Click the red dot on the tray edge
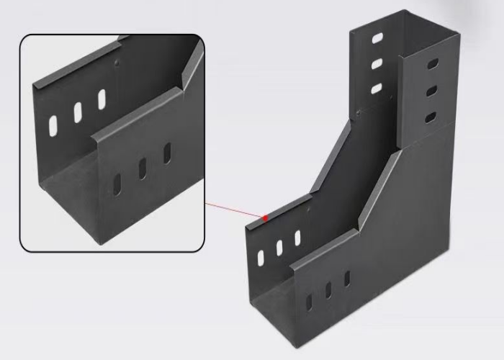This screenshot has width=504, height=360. coord(266,217)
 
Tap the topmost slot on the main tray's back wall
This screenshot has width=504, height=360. coord(377,37)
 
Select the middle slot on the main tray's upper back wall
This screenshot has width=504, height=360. coord(377,63)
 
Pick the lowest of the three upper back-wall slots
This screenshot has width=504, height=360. coord(376,89)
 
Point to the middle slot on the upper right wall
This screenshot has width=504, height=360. coord(431,91)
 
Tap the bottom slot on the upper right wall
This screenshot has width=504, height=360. coord(431,117)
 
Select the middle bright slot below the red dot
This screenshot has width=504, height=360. coord(279,247)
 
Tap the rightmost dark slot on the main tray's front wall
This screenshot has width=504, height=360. coord(347,278)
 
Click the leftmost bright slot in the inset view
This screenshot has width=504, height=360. coord(53,125)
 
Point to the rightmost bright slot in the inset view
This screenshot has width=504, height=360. coord(101,98)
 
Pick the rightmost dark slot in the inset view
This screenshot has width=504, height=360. coord(167,153)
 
